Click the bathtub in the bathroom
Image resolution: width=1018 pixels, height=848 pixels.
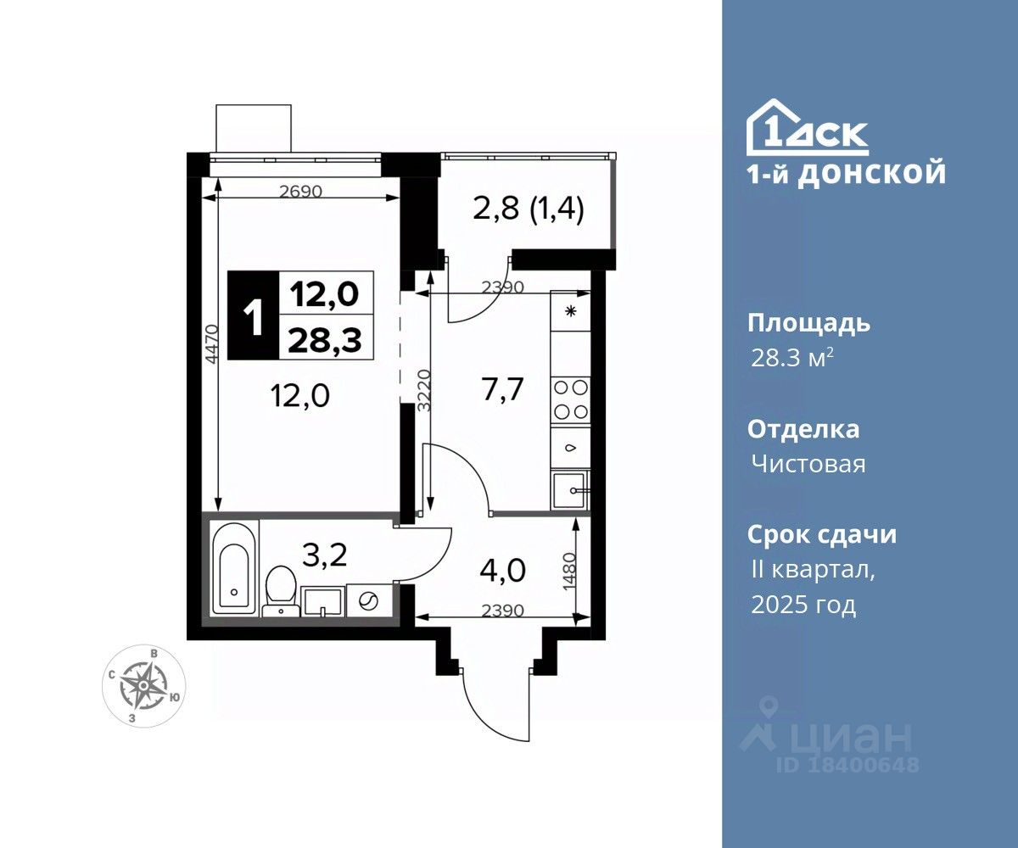coord(235,568)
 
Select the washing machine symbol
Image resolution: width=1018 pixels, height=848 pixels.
coord(369,602)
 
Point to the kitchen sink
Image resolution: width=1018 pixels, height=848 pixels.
coord(570,490)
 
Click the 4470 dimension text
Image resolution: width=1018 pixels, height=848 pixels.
coord(210,344)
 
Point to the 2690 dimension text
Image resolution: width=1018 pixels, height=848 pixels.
coord(301,192)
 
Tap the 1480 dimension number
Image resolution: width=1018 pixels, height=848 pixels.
coord(569,572)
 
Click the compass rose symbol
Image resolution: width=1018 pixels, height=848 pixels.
coord(143,686)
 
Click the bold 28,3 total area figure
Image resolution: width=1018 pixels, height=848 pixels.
coord(325,340)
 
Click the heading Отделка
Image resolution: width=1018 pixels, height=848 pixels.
coord(803,430)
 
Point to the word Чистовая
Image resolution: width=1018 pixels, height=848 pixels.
coord(808,464)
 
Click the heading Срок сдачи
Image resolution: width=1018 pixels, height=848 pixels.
coord(821,534)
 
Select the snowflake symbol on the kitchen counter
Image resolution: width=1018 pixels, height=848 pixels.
coord(570,311)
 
